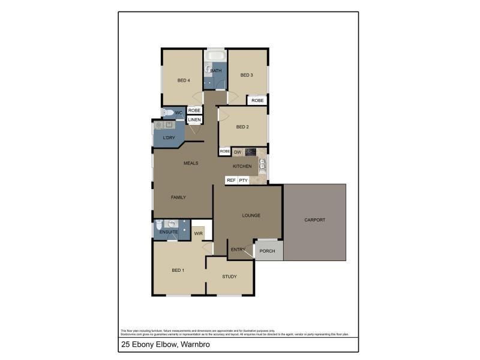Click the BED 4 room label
(x=184, y=80)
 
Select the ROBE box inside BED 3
(x=257, y=100)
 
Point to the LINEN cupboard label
(x=194, y=120)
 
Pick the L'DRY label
(x=169, y=138)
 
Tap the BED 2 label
(x=242, y=127)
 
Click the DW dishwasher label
(x=238, y=152)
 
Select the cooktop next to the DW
(x=251, y=152)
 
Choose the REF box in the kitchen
(x=230, y=180)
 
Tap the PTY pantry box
(x=243, y=180)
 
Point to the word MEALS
(x=191, y=163)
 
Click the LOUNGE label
(x=251, y=215)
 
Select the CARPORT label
(x=314, y=220)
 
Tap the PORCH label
(x=267, y=251)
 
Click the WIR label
(x=198, y=234)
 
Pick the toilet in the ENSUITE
(x=160, y=226)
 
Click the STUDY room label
(x=229, y=277)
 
